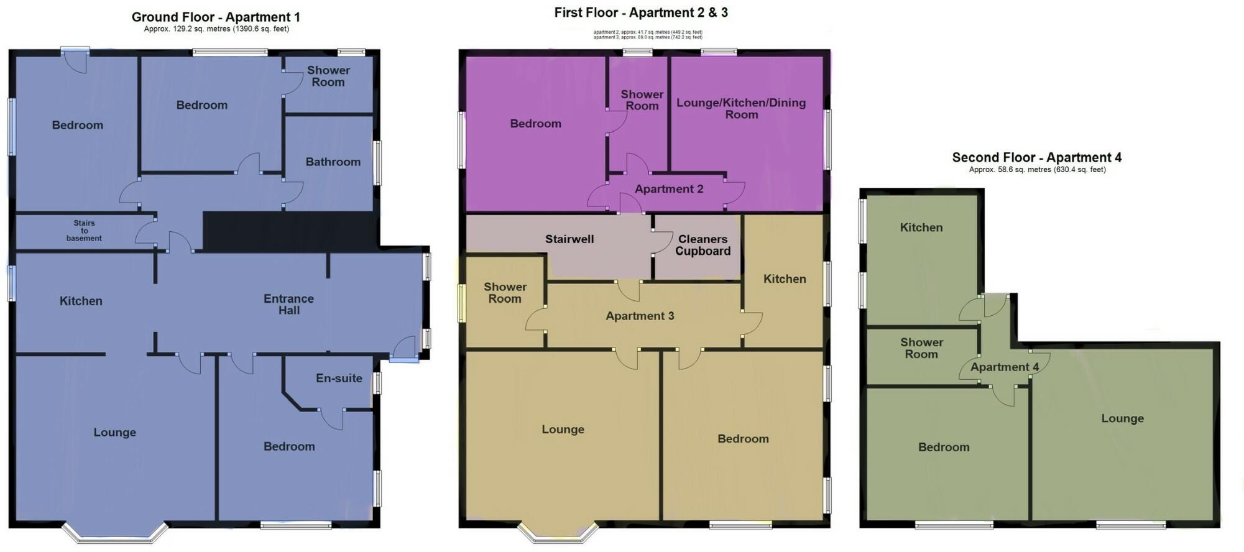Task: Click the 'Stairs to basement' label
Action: pos(84,231)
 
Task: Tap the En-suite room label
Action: pos(339,378)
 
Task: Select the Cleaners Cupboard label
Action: pos(703,245)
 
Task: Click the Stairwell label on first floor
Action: pos(569,239)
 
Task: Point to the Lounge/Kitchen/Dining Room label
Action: pos(741,108)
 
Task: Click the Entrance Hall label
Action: pos(288,305)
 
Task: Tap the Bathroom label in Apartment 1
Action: pos(333,162)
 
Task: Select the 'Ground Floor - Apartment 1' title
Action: pos(216,17)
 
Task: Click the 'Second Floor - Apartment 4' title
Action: pos(1036,157)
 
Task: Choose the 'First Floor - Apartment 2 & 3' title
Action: pos(641,12)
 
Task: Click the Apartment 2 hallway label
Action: pos(669,189)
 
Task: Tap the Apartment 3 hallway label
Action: pos(640,316)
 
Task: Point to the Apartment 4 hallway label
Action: pos(1004,367)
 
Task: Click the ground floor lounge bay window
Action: pos(115,535)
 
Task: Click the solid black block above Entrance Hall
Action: pos(289,231)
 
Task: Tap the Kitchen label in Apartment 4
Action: pos(921,228)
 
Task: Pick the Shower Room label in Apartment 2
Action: pos(642,100)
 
